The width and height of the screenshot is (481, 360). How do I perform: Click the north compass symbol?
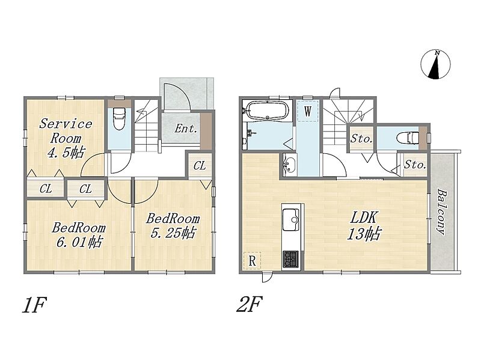435,64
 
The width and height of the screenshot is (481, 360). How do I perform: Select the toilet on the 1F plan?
119,118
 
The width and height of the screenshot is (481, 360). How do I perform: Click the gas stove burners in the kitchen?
291,260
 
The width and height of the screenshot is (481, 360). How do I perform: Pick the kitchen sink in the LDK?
291,219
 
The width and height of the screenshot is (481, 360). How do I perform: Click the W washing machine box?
308,111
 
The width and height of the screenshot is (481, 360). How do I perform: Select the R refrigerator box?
252,261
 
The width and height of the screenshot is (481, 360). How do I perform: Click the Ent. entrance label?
186,129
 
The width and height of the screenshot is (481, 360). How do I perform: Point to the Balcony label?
442,212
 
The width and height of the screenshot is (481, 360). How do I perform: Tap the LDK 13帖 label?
364,226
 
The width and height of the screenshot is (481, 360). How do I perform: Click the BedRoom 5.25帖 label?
173,226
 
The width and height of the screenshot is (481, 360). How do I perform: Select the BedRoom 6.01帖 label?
79,235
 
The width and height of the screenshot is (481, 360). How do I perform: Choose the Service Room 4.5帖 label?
66,138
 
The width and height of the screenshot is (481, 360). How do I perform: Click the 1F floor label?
34,305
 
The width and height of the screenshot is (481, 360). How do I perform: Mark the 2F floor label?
249,304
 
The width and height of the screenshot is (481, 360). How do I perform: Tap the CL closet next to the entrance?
200,166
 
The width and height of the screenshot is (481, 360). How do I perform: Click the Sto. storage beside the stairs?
362,139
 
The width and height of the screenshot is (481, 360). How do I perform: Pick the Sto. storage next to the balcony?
415,165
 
